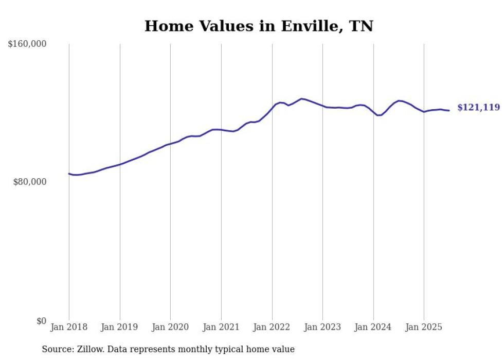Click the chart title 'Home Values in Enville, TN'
coord(259,26)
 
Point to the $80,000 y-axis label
coord(30,182)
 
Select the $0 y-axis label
coord(41,321)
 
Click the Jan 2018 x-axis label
coord(69,327)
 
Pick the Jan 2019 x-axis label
coord(120,327)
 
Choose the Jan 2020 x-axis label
coord(170,327)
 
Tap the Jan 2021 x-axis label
coord(221,327)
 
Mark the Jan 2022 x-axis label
coord(272,327)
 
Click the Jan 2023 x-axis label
coord(322,327)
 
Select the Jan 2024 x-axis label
coord(373,327)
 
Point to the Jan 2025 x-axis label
coord(424,327)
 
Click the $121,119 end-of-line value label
coord(478,108)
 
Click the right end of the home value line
coord(449,111)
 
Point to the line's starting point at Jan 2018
coord(69,174)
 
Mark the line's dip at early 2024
coord(379,115)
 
